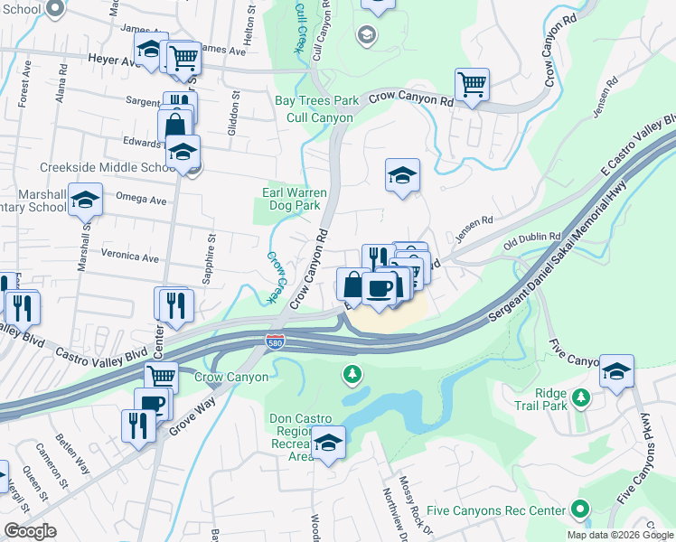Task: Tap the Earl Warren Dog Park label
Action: (x=291, y=199)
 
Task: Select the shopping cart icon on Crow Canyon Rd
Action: (x=472, y=86)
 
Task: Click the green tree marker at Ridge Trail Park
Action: (x=583, y=397)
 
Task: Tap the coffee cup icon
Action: (x=379, y=288)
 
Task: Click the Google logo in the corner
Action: (x=31, y=530)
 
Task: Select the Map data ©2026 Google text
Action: (x=620, y=535)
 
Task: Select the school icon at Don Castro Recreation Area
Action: (x=327, y=442)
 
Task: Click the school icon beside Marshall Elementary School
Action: (x=85, y=200)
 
